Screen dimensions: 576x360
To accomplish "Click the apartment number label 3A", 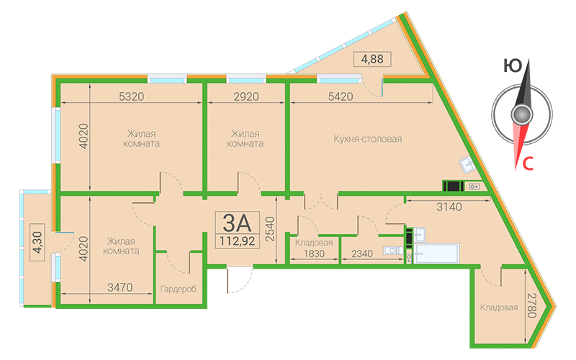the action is (x=237, y=222).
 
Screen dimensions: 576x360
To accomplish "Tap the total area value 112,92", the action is (x=238, y=241).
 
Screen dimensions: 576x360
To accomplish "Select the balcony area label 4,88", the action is (x=372, y=59).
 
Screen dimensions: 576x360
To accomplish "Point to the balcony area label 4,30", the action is (x=37, y=242).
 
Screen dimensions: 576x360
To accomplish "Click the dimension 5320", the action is (x=132, y=96).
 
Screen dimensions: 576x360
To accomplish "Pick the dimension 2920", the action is (x=246, y=96).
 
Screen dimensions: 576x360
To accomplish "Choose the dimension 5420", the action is (x=341, y=96).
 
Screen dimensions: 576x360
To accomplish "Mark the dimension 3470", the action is (x=120, y=287).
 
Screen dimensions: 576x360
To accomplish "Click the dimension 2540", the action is (x=270, y=229).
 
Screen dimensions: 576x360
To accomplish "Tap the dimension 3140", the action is (x=449, y=207).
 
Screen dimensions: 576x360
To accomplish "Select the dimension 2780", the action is (x=532, y=305).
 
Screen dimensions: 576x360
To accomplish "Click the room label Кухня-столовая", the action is (x=368, y=139).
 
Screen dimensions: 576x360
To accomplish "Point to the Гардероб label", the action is (x=178, y=289).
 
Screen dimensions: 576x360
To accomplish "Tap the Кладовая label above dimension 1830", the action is (x=314, y=243).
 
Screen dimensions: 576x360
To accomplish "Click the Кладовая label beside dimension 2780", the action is (x=499, y=307).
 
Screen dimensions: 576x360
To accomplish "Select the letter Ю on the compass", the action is (x=513, y=66).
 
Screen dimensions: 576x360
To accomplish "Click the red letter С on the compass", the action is (x=528, y=164).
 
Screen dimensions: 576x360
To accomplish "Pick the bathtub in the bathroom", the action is (x=436, y=253).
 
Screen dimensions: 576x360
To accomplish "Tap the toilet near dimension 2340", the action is (x=392, y=251).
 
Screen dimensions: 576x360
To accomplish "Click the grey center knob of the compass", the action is (x=521, y=114).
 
